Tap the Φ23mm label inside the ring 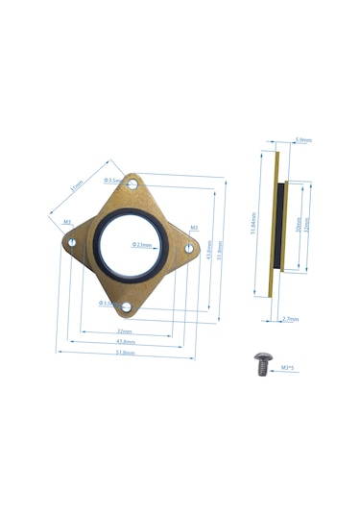click(x=142, y=244)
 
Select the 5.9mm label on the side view click(x=303, y=139)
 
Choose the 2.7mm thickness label click(x=291, y=319)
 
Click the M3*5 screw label click(x=287, y=367)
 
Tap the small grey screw click(x=263, y=361)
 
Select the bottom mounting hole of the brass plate click(x=125, y=306)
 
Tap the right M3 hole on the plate click(x=189, y=249)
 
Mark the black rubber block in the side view click(x=279, y=227)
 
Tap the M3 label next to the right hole click(x=194, y=228)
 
